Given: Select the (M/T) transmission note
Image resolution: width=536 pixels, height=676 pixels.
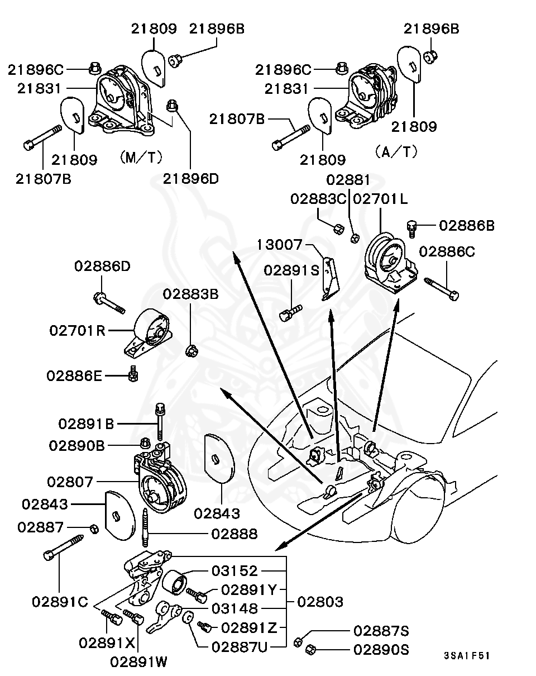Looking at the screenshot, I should click(140, 157).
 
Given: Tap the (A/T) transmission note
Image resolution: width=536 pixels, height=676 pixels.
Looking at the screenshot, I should click(396, 151).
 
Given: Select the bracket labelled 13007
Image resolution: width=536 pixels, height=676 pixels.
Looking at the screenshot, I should click(332, 278).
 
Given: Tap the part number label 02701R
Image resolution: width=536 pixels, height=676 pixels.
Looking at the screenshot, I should click(77, 330).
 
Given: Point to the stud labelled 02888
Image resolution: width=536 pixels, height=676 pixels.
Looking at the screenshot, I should click(146, 528).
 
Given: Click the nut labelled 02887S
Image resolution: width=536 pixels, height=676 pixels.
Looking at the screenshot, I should click(300, 640).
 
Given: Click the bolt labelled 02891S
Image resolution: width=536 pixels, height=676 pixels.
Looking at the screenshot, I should click(290, 311).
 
